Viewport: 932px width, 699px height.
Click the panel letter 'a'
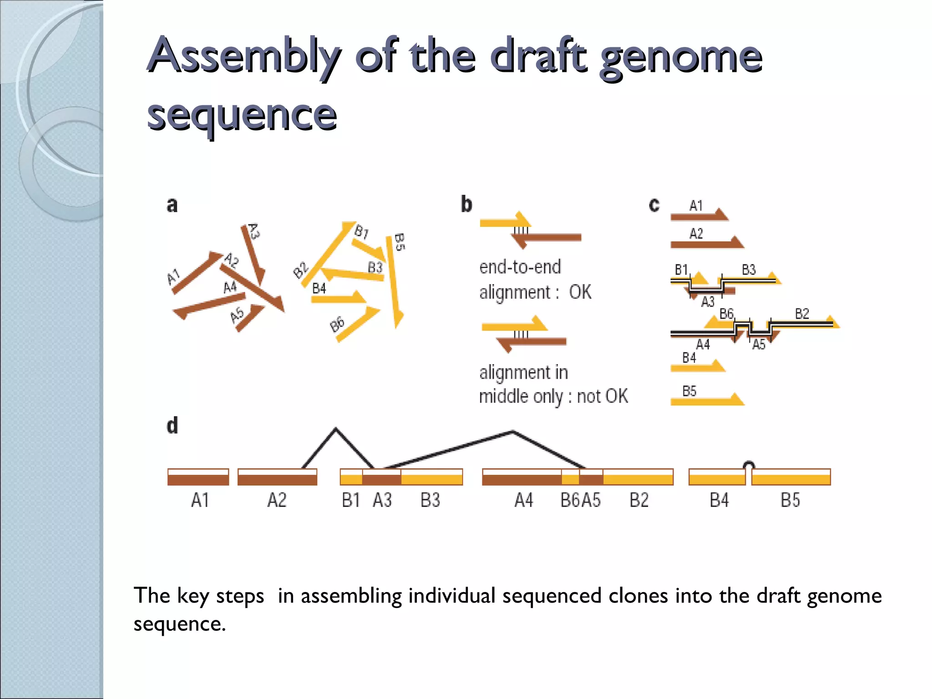172,205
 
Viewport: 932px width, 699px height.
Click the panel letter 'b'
466,204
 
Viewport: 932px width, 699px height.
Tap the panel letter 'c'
654,205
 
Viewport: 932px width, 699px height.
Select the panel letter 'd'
172,426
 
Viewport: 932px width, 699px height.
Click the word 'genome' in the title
681,57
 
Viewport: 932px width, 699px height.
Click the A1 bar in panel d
198,477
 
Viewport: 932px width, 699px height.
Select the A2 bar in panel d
277,477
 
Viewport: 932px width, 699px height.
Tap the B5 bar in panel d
791,477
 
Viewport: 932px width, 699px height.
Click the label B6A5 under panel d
581,500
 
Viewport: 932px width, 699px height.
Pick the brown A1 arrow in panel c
699,216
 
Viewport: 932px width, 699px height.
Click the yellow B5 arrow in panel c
707,400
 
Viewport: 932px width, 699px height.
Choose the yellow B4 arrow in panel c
698,367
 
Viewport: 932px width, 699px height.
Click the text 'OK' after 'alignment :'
580,292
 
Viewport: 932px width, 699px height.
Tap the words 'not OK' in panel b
603,396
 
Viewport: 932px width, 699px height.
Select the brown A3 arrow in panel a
253,255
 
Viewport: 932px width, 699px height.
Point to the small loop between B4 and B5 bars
749,465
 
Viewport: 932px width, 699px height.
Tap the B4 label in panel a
319,289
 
